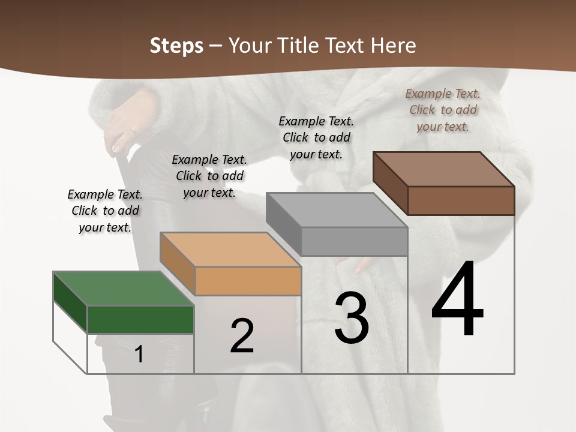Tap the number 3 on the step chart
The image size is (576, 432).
[x=352, y=319]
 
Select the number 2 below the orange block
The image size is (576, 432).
[x=242, y=336]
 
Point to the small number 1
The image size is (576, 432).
[x=139, y=354]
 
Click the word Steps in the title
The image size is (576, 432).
[x=176, y=46]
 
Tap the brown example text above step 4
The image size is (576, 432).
[x=443, y=110]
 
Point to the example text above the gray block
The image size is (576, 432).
[x=316, y=137]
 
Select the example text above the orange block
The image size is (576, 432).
[x=209, y=176]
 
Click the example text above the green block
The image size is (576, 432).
[x=105, y=211]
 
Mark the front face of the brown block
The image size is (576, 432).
[x=461, y=200]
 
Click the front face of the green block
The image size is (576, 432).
[x=140, y=319]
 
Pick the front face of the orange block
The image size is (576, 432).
[x=248, y=281]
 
